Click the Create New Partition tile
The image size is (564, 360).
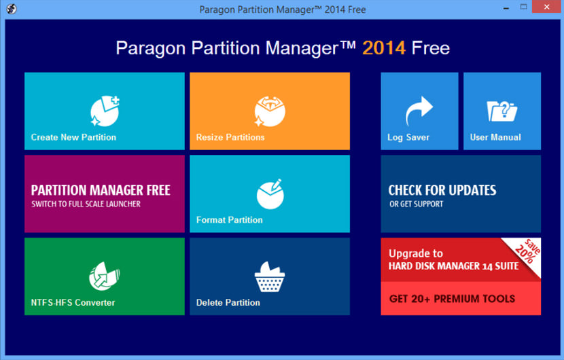(104, 111)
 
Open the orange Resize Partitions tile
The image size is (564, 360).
(269, 111)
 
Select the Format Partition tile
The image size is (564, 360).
(269, 194)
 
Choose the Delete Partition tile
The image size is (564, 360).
(269, 276)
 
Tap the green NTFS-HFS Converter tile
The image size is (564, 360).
(104, 276)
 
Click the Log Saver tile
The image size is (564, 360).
(419, 111)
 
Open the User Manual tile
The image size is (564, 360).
(502, 111)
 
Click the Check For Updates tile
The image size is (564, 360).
(461, 194)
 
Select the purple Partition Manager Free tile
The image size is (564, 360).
(104, 194)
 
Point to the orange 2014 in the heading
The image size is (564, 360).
(384, 48)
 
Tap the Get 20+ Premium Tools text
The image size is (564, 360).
(452, 299)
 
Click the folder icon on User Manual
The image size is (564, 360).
(502, 111)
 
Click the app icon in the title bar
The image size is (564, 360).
(11, 9)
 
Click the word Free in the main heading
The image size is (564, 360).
(430, 48)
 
